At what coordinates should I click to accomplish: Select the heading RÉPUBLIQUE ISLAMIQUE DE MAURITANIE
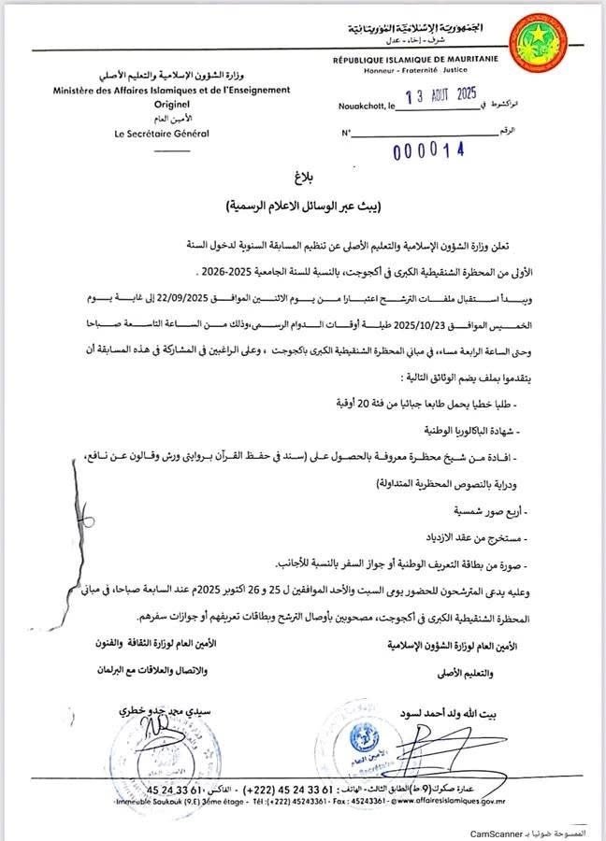(416, 60)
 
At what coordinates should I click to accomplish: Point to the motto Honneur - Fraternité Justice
(417, 70)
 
